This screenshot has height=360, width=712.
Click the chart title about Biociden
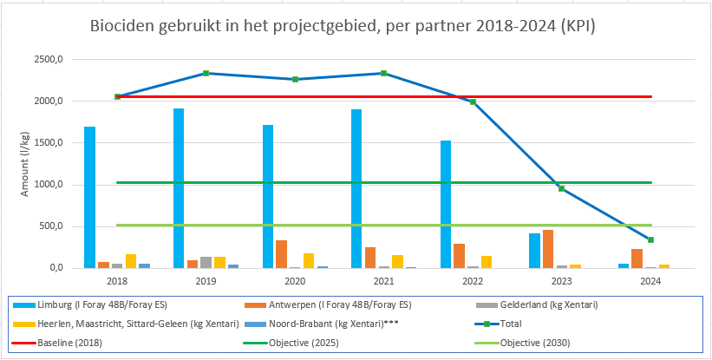[343, 27]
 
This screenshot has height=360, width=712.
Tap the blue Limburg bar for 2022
[446, 204]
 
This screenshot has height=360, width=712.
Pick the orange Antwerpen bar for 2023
[548, 249]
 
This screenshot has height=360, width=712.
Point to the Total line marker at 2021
[384, 73]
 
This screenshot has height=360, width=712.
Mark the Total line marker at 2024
[650, 239]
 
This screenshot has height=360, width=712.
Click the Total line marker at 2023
[562, 188]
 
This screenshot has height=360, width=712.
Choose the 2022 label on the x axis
[473, 281]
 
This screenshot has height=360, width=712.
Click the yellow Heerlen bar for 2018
[131, 261]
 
